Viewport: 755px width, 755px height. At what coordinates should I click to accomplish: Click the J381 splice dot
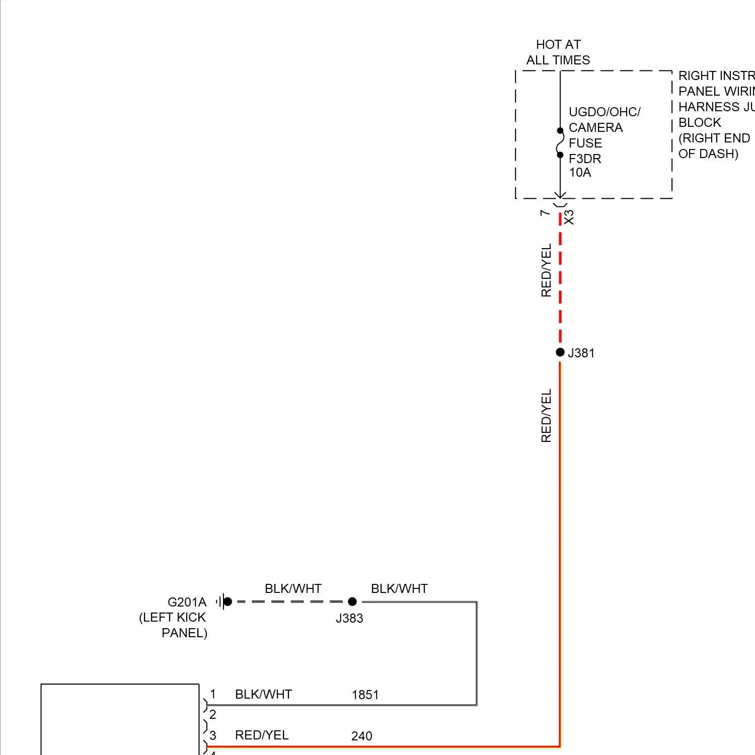[x=560, y=352]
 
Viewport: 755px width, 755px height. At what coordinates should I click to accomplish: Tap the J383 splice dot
[x=352, y=601]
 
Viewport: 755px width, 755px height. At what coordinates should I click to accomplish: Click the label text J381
[x=581, y=353]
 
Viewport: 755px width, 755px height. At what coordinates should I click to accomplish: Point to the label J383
[x=349, y=619]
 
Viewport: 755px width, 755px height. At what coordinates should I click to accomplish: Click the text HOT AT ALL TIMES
[x=558, y=52]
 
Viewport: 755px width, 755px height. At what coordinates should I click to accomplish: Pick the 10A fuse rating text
[x=580, y=173]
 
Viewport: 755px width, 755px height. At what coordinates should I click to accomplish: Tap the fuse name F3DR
[x=585, y=159]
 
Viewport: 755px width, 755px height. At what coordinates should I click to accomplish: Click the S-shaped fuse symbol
[x=560, y=143]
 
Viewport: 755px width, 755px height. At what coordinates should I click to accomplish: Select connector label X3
[x=569, y=217]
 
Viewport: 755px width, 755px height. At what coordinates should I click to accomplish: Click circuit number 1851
[x=365, y=695]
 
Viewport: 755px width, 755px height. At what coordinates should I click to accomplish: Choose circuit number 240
[x=361, y=736]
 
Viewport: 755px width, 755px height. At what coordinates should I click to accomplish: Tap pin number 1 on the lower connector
[x=213, y=694]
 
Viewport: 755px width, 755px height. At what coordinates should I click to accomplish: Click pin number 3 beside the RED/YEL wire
[x=213, y=735]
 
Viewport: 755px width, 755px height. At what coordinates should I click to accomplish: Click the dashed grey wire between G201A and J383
[x=289, y=601]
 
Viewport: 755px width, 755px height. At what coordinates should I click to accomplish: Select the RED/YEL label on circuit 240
[x=262, y=735]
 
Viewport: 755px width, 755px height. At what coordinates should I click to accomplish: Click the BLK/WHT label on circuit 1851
[x=263, y=695]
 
